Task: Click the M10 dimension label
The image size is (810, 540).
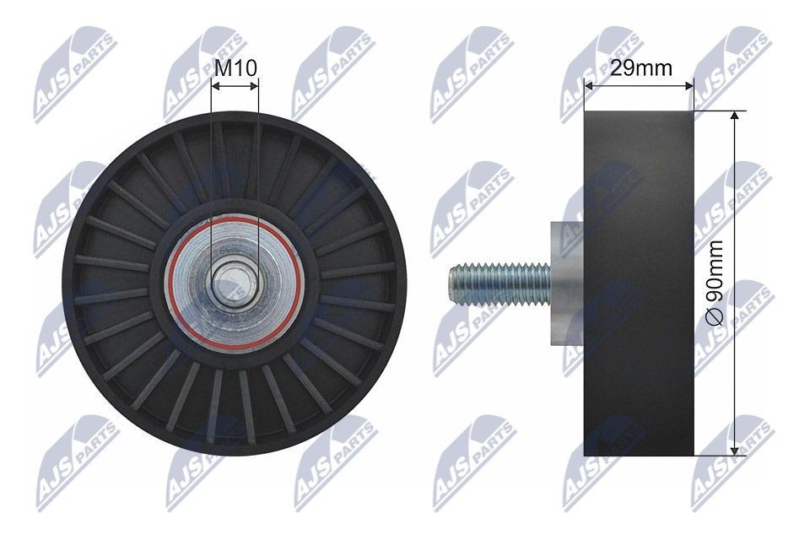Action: tap(235, 67)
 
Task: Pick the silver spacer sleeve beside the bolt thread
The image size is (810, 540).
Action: tap(565, 283)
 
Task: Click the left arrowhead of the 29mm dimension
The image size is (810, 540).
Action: tap(588, 85)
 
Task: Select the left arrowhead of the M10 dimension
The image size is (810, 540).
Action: tap(214, 85)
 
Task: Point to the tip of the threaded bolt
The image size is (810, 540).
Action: tap(451, 283)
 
